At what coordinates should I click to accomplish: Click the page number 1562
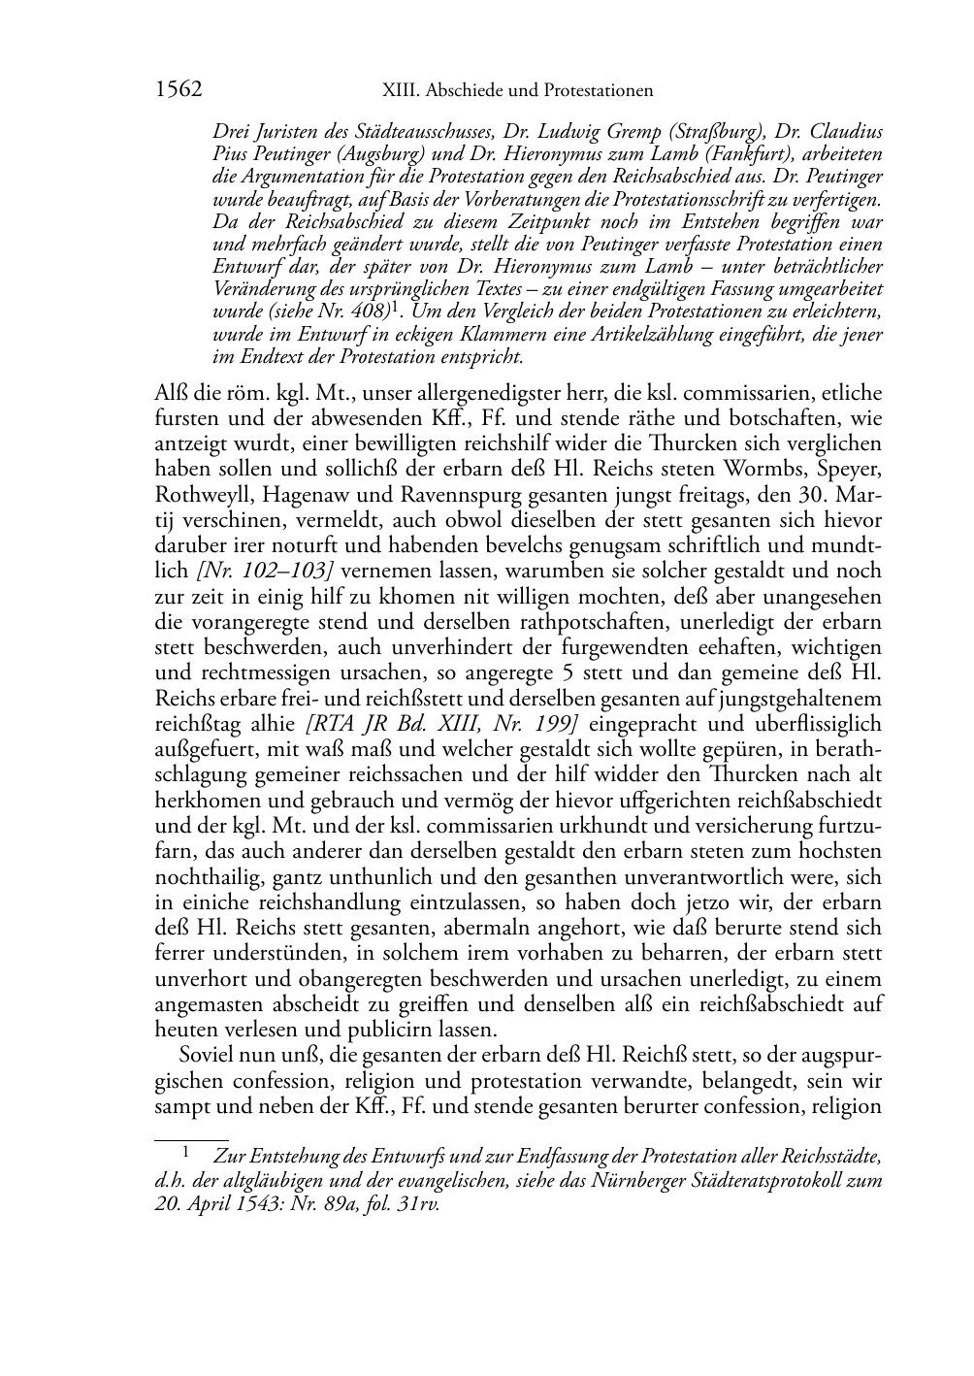178,90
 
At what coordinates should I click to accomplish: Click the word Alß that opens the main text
170,394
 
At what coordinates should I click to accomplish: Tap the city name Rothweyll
197,495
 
